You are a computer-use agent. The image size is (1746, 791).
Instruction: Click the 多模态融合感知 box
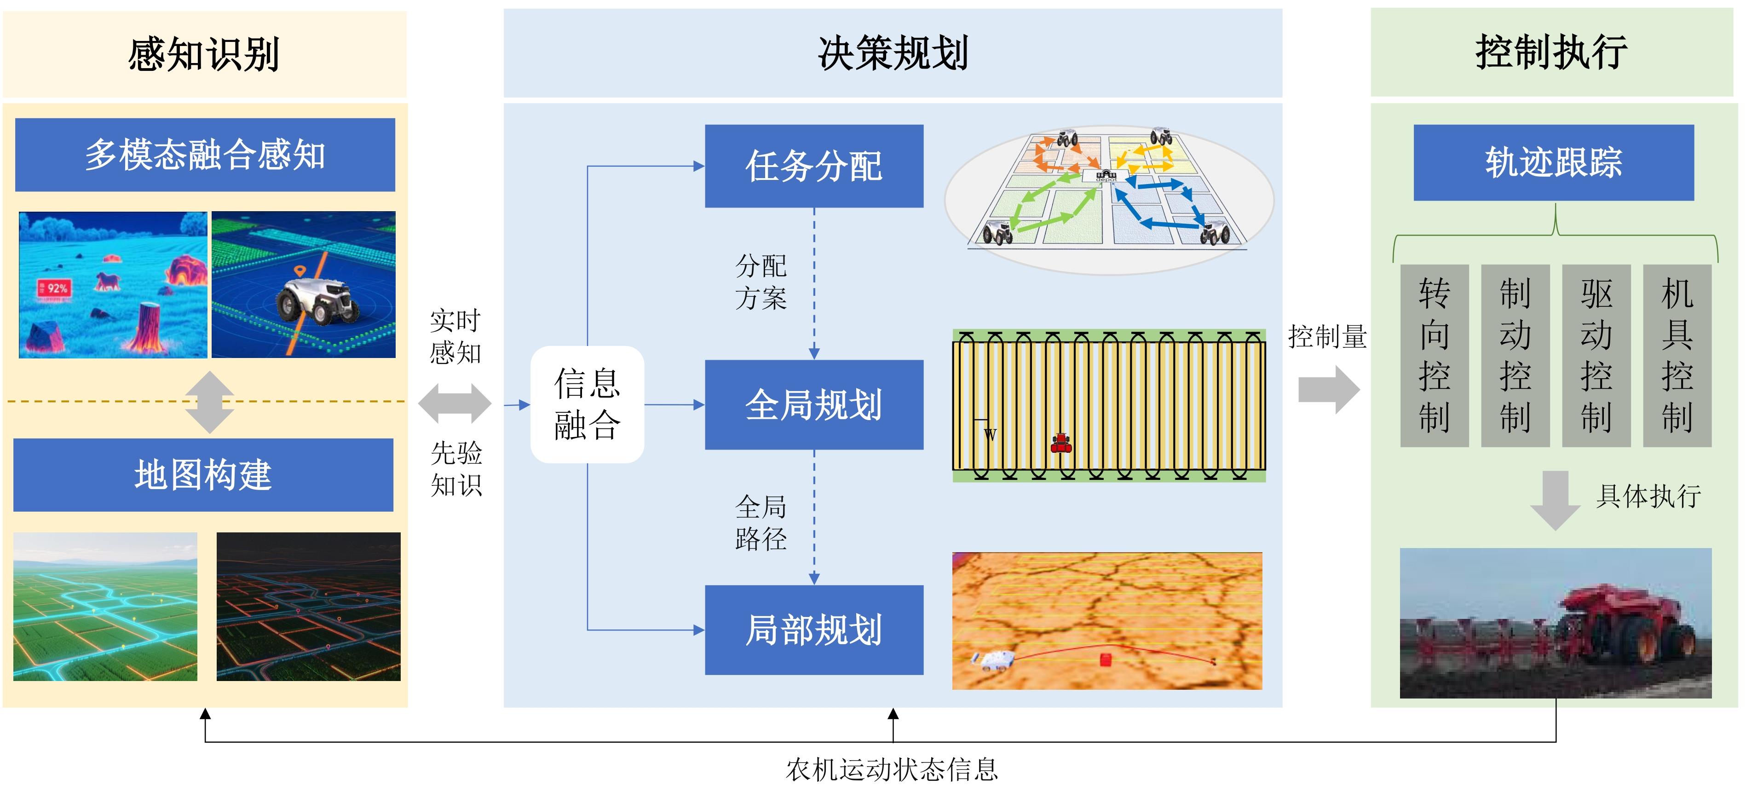(x=205, y=155)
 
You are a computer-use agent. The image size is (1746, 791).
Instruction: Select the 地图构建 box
(x=203, y=474)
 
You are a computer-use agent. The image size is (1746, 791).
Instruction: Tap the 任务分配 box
(x=813, y=166)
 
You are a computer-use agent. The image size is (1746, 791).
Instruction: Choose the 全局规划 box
(x=813, y=404)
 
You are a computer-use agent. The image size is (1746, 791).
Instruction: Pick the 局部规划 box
(x=813, y=629)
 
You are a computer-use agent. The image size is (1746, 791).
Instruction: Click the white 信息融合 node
(x=587, y=404)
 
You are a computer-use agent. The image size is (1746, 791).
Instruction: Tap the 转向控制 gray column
(x=1434, y=355)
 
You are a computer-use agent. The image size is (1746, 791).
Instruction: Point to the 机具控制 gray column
(x=1677, y=355)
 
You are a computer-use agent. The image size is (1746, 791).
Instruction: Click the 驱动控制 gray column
(x=1596, y=355)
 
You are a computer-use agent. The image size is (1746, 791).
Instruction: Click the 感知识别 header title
(x=203, y=54)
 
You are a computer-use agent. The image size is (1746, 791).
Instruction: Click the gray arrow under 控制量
(x=1328, y=390)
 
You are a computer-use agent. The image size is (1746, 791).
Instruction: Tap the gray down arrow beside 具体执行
(x=1556, y=500)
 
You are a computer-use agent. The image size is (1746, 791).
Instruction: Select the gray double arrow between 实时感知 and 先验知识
(x=455, y=403)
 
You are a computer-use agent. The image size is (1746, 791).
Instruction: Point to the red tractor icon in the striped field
(x=1061, y=443)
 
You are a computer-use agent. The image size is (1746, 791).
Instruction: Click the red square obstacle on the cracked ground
(x=1106, y=659)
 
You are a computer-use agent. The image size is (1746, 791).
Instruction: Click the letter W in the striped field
(x=990, y=434)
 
